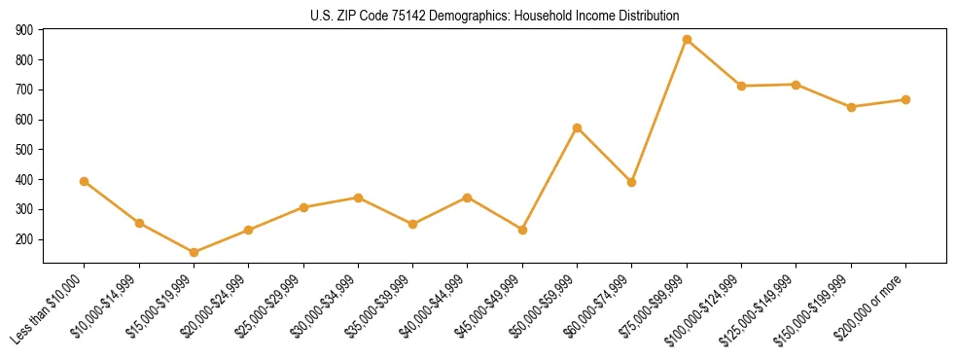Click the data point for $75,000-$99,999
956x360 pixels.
(687, 40)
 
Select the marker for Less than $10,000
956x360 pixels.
(85, 181)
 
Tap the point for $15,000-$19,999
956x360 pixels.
(194, 252)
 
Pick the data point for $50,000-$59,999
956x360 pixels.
(578, 127)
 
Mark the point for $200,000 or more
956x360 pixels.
(905, 99)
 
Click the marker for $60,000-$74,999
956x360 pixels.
(632, 182)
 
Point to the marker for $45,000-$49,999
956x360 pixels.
(522, 230)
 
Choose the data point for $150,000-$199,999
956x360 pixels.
(851, 107)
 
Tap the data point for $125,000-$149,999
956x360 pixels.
(797, 85)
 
